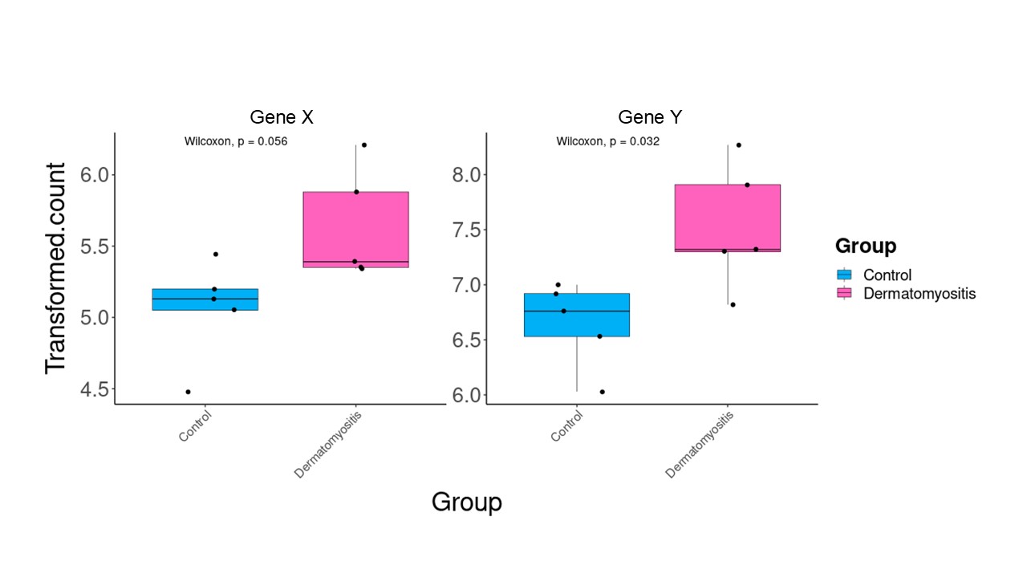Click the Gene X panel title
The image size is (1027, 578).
pyautogui.click(x=282, y=117)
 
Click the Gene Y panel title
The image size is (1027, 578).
pyautogui.click(x=652, y=117)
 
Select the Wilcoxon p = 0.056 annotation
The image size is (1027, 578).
pyautogui.click(x=236, y=141)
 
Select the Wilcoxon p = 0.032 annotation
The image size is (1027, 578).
pyautogui.click(x=608, y=141)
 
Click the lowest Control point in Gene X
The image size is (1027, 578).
pyautogui.click(x=188, y=392)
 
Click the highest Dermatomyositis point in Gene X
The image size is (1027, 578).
pyautogui.click(x=364, y=145)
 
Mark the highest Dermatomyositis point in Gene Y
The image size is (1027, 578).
pyautogui.click(x=739, y=145)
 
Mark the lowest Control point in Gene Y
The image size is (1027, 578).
pyautogui.click(x=602, y=392)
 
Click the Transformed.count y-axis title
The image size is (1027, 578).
pyautogui.click(x=56, y=268)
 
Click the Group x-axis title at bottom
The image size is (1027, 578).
pyautogui.click(x=467, y=503)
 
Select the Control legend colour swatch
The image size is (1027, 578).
pyautogui.click(x=843, y=275)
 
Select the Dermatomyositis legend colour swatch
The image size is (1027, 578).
pyautogui.click(x=843, y=294)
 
